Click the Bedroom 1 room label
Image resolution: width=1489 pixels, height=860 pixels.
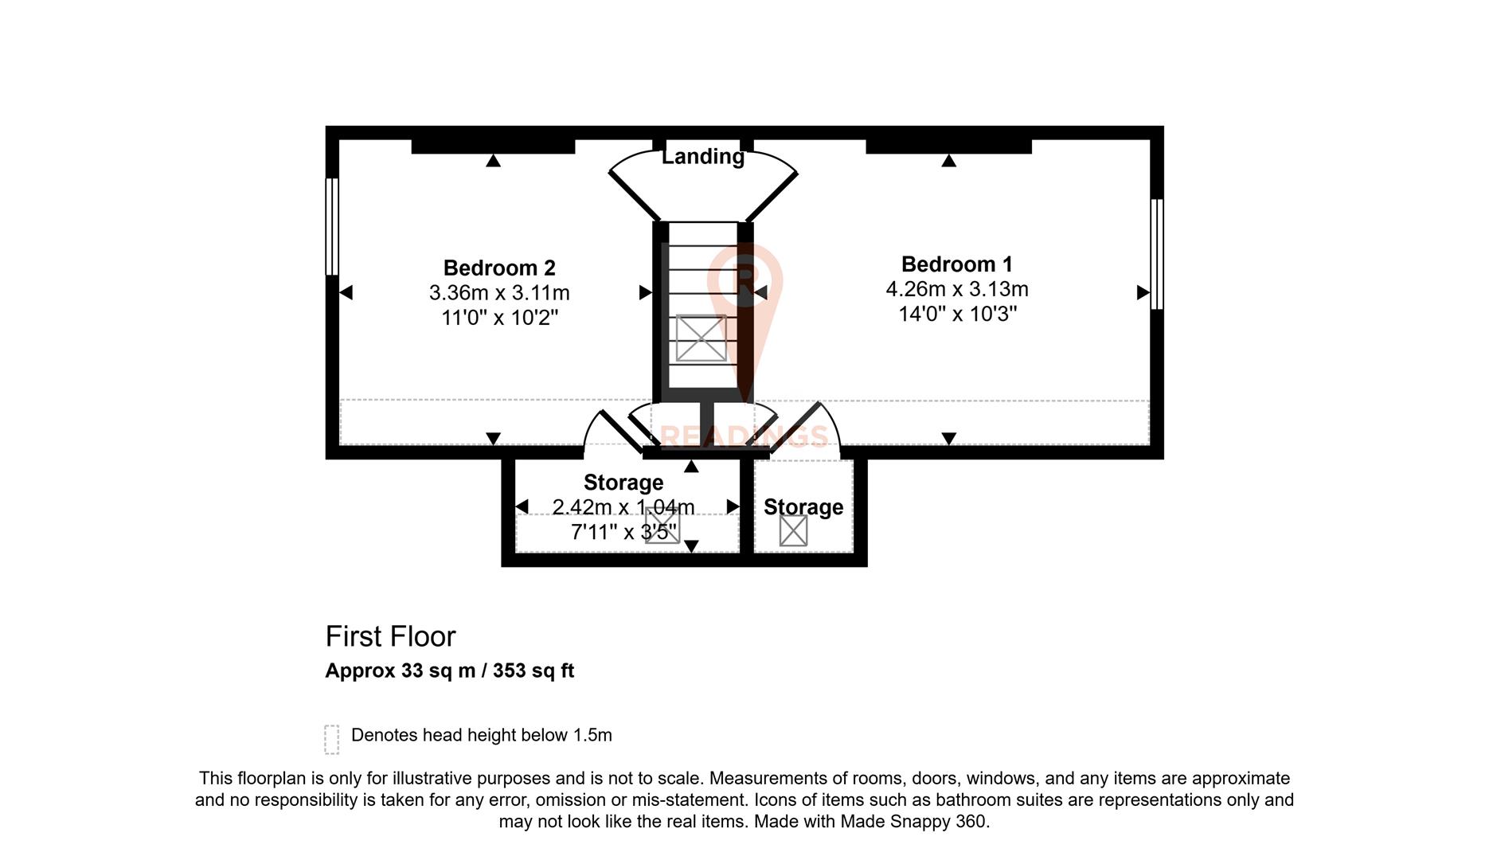956,264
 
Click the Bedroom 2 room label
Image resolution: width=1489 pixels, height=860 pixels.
499,268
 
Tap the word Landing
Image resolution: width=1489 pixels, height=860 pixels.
703,157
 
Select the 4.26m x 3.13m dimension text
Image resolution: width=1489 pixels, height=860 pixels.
957,289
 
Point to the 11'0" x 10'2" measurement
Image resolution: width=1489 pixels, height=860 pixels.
499,318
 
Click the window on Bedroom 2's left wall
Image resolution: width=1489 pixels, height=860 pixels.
332,227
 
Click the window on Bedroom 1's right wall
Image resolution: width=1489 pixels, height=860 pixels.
1157,254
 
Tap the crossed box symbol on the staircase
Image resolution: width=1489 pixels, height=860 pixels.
701,338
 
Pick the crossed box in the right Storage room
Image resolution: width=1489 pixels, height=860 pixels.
793,530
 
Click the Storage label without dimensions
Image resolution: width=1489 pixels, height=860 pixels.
803,507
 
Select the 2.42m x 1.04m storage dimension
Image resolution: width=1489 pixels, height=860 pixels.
623,507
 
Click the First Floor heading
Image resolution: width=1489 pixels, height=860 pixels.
390,636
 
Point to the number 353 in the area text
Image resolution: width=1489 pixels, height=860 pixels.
510,670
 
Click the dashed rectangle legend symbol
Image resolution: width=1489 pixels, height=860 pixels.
332,739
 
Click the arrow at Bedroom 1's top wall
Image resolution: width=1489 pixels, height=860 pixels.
948,161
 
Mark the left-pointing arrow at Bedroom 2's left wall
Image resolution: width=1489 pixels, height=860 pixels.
346,293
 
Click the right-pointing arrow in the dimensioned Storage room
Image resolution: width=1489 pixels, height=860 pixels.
733,507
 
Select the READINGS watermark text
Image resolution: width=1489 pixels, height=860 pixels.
744,436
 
